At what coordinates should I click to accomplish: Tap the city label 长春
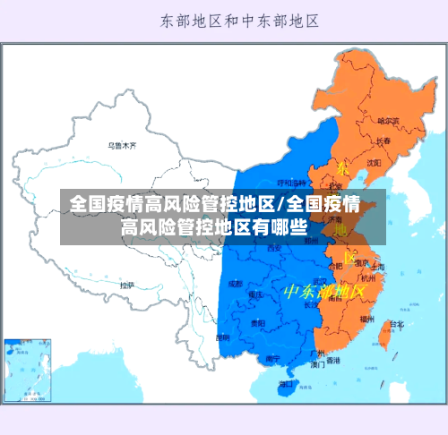pos(383,141)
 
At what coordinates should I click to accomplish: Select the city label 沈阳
pos(373,162)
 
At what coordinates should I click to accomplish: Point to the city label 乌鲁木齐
pos(122,145)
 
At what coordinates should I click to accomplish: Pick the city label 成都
pos(235,283)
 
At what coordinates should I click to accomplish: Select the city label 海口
pos(286,384)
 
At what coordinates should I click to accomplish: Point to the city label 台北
pos(395,324)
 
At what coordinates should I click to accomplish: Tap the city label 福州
pos(367,319)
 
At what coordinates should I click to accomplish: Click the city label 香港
pos(332,361)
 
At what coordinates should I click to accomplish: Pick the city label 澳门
pos(317,365)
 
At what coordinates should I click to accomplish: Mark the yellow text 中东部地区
pos(324,292)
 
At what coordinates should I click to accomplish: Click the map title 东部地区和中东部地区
pos(241,19)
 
